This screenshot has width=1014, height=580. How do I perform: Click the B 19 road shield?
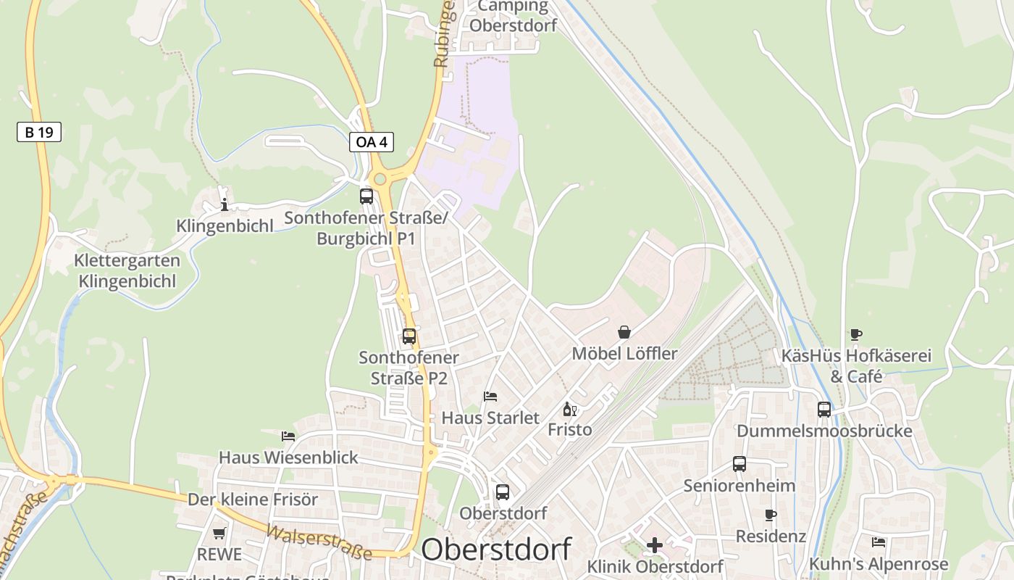(x=39, y=132)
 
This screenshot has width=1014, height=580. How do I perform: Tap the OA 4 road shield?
(x=372, y=142)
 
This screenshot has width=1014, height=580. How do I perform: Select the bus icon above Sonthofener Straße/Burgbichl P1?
(x=366, y=196)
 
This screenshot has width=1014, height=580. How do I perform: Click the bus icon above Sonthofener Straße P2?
(x=409, y=336)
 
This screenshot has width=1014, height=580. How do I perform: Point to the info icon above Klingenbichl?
(x=225, y=204)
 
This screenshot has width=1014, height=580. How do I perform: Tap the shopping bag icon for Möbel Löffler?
(x=624, y=332)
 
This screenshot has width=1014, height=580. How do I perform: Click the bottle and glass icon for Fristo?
(x=570, y=410)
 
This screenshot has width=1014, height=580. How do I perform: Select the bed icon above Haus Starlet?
(x=490, y=397)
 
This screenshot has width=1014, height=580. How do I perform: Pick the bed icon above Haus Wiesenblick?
(x=288, y=436)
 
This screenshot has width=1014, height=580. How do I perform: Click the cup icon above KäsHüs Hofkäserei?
(x=856, y=334)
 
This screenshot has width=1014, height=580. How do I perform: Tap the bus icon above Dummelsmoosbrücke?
(x=824, y=410)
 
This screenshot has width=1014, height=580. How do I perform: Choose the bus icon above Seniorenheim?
(x=739, y=464)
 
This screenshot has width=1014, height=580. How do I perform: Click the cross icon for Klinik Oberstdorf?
(x=655, y=545)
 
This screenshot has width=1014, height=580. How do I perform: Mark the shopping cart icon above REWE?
(x=219, y=533)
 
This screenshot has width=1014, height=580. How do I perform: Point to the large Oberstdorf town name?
(x=496, y=550)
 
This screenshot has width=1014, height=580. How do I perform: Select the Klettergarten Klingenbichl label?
(x=127, y=270)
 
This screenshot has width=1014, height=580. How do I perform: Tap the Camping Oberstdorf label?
(x=514, y=16)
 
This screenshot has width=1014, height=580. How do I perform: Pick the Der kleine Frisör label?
(x=253, y=500)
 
